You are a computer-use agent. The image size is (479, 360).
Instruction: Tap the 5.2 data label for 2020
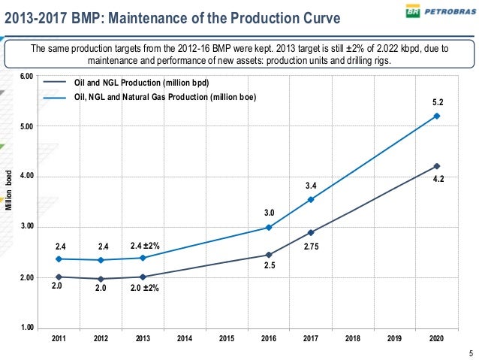tap(436, 101)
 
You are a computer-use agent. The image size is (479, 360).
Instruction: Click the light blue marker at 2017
tap(310, 200)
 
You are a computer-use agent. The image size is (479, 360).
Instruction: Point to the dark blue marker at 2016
tap(268, 256)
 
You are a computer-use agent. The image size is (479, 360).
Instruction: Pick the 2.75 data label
tap(312, 246)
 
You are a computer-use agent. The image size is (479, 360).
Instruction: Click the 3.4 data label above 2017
tap(310, 185)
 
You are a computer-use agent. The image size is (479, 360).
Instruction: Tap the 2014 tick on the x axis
tap(184, 339)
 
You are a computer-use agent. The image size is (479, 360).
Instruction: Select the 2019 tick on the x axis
tap(394, 339)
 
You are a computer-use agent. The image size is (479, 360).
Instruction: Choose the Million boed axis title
tap(9, 190)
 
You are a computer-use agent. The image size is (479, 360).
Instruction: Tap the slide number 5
tap(471, 354)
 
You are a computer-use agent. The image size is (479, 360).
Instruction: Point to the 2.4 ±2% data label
tap(145, 245)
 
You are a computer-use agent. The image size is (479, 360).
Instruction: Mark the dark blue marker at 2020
tap(436, 166)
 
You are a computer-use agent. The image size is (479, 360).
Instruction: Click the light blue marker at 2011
tap(58, 259)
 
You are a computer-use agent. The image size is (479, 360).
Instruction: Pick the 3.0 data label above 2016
tap(268, 213)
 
